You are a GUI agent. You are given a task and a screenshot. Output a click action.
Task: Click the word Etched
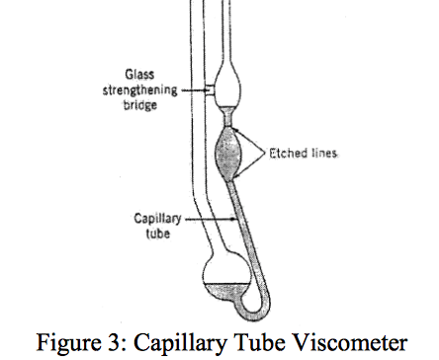287,155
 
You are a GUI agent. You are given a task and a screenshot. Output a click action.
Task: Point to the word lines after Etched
326,155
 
